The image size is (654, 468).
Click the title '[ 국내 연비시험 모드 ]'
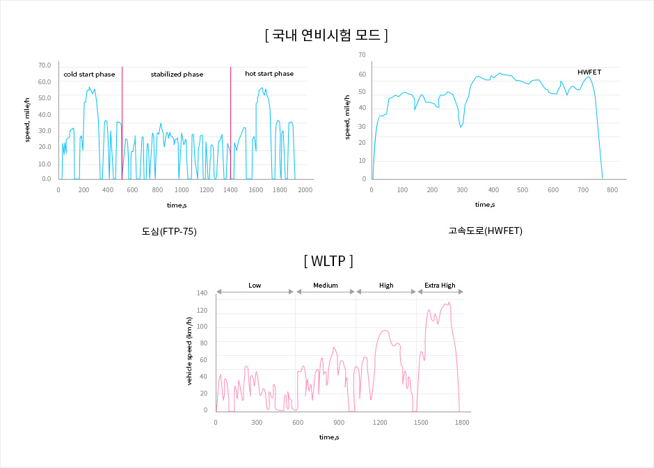[x=326, y=35]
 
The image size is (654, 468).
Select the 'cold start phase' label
[x=89, y=74]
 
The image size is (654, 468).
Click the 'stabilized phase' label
[x=177, y=74]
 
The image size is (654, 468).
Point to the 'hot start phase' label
[x=269, y=74]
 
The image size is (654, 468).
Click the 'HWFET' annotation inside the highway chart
[x=589, y=72]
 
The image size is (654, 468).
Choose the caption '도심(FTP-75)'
[x=169, y=231]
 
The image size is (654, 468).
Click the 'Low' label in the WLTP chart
[x=255, y=286]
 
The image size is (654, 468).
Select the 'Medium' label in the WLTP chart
[x=325, y=286]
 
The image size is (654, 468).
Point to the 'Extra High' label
[x=440, y=286]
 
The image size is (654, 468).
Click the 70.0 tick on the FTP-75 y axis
[x=45, y=65]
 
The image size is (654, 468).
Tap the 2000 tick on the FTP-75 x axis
[x=305, y=190]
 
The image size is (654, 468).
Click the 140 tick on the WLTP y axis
[x=202, y=293]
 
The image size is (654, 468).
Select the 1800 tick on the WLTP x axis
[x=461, y=422]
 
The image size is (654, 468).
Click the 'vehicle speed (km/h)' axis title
[x=189, y=351]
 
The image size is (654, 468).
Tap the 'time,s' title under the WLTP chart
[x=329, y=437]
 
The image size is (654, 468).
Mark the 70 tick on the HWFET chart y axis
[x=362, y=54]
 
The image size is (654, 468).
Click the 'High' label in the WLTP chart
[x=386, y=286]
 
